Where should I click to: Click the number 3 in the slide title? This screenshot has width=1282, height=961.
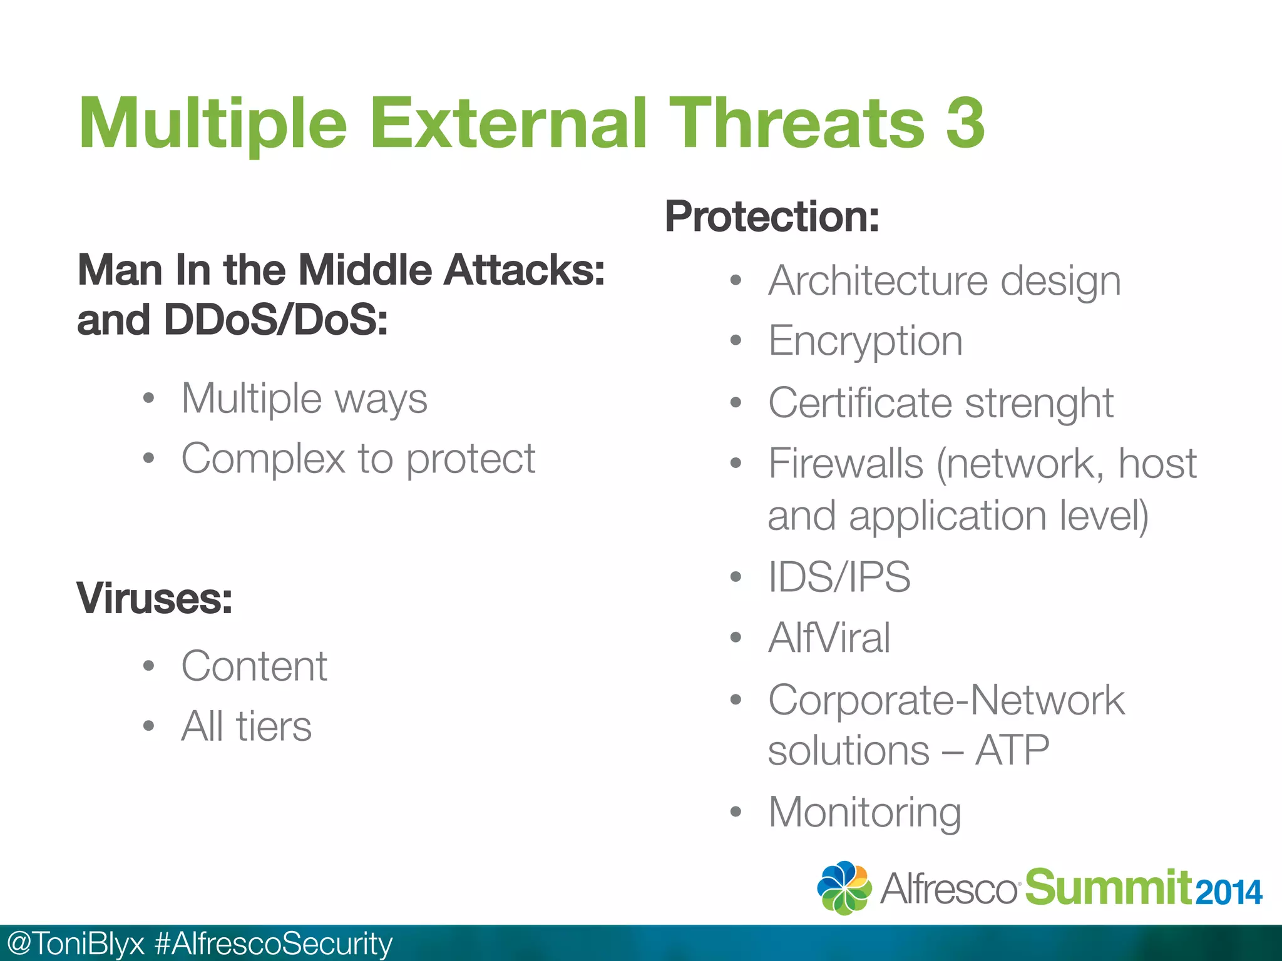pos(965,123)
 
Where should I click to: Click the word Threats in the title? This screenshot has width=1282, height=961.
pos(797,123)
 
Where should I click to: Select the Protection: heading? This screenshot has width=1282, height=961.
pos(772,216)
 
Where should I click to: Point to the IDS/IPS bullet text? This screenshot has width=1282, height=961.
pos(839,577)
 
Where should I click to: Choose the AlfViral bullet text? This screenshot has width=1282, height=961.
pos(829,638)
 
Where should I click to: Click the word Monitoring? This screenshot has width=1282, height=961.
pos(864,813)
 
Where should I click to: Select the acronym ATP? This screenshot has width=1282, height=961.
pos(1012,750)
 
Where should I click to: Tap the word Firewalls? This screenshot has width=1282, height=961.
pos(846,464)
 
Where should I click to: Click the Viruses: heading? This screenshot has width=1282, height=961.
pos(155,599)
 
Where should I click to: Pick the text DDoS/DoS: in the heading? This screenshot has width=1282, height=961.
pos(275,320)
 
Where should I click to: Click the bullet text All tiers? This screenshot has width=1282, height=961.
pos(246,726)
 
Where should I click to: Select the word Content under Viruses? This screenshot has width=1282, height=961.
pos(254,666)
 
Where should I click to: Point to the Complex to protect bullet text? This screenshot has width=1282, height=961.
pos(358,459)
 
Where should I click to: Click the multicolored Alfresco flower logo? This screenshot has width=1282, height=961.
pos(844,888)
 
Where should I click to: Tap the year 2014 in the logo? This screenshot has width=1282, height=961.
pos(1228,893)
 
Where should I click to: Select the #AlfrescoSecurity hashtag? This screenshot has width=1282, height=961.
pos(273,943)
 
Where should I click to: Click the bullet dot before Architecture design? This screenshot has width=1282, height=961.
pos(736,281)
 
